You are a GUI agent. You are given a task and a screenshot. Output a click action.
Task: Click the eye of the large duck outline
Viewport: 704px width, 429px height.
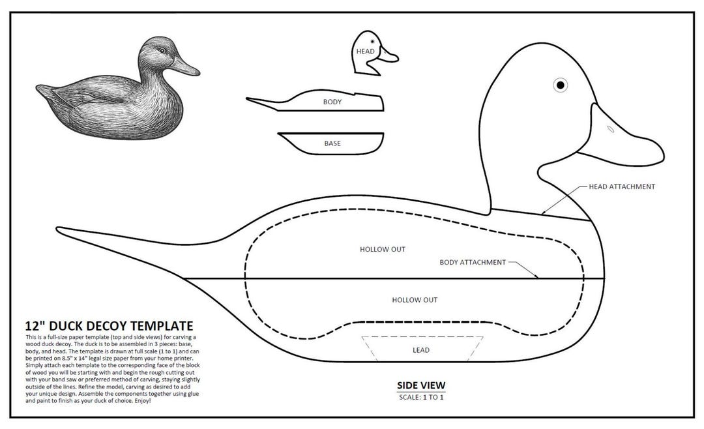point(560,85)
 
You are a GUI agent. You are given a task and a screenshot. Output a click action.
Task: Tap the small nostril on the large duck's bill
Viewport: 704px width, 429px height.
point(610,129)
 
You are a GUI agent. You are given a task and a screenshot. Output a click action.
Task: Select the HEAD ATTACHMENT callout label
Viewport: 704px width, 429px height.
point(621,186)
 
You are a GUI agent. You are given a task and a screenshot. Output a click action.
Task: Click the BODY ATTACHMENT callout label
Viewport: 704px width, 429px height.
point(473,262)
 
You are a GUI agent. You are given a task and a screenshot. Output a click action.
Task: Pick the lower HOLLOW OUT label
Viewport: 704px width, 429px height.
point(414,300)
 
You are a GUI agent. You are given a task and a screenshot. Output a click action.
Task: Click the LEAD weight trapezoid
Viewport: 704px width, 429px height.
point(421,349)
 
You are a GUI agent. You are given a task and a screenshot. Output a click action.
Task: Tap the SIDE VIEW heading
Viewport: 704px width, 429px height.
point(421,385)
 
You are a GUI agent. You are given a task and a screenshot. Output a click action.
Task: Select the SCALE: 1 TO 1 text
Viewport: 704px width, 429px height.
point(421,397)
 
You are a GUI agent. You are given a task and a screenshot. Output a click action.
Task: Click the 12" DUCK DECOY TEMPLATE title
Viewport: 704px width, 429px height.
point(109,325)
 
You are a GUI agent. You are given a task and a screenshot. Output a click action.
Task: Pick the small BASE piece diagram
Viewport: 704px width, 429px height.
point(332,143)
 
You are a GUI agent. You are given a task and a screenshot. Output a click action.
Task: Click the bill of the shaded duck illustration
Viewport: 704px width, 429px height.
point(187,65)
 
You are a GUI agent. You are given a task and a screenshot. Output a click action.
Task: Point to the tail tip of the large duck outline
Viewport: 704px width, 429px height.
point(61,229)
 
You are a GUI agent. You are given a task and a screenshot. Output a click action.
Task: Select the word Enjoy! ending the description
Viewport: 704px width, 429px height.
point(141,400)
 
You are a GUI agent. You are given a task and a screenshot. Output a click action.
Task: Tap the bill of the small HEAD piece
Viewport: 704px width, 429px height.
point(389,56)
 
